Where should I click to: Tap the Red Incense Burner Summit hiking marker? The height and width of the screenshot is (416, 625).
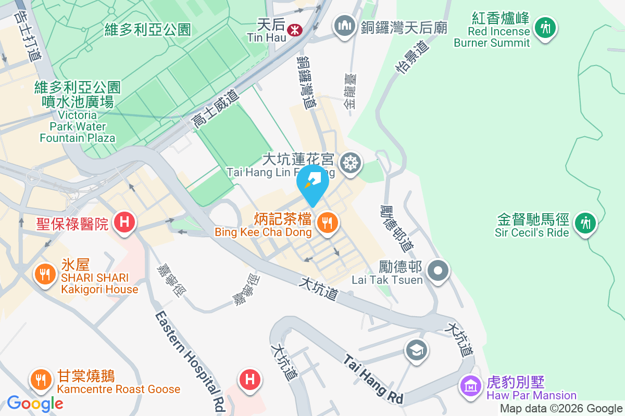545,27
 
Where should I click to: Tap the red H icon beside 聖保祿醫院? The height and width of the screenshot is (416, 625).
124,223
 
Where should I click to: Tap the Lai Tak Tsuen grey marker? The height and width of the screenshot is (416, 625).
438,270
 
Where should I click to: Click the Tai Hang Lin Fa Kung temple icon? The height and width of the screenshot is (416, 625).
350,164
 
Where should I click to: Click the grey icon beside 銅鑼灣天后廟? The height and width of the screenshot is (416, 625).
345,27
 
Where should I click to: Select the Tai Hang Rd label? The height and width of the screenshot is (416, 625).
373,379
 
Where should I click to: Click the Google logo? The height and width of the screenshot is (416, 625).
35,403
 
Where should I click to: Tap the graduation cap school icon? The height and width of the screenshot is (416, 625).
417,349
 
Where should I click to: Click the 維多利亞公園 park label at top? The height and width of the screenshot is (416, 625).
147,29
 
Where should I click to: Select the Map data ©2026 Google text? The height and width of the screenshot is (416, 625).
561,409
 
